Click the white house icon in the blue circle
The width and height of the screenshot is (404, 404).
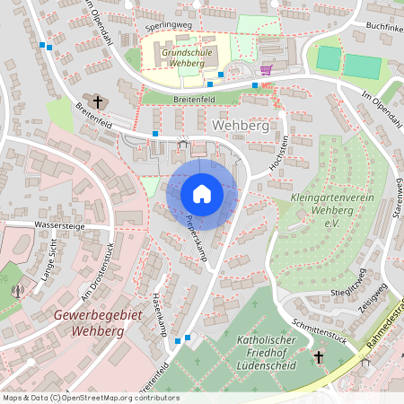pos(202,194)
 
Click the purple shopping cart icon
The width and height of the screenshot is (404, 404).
pos(266,69)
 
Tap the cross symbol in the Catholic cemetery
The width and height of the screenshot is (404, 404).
pos(318,357)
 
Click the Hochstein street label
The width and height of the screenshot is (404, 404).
pos(280,152)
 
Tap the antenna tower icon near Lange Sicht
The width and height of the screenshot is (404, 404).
pos(16,290)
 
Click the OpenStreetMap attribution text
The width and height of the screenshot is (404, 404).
pos(90,398)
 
